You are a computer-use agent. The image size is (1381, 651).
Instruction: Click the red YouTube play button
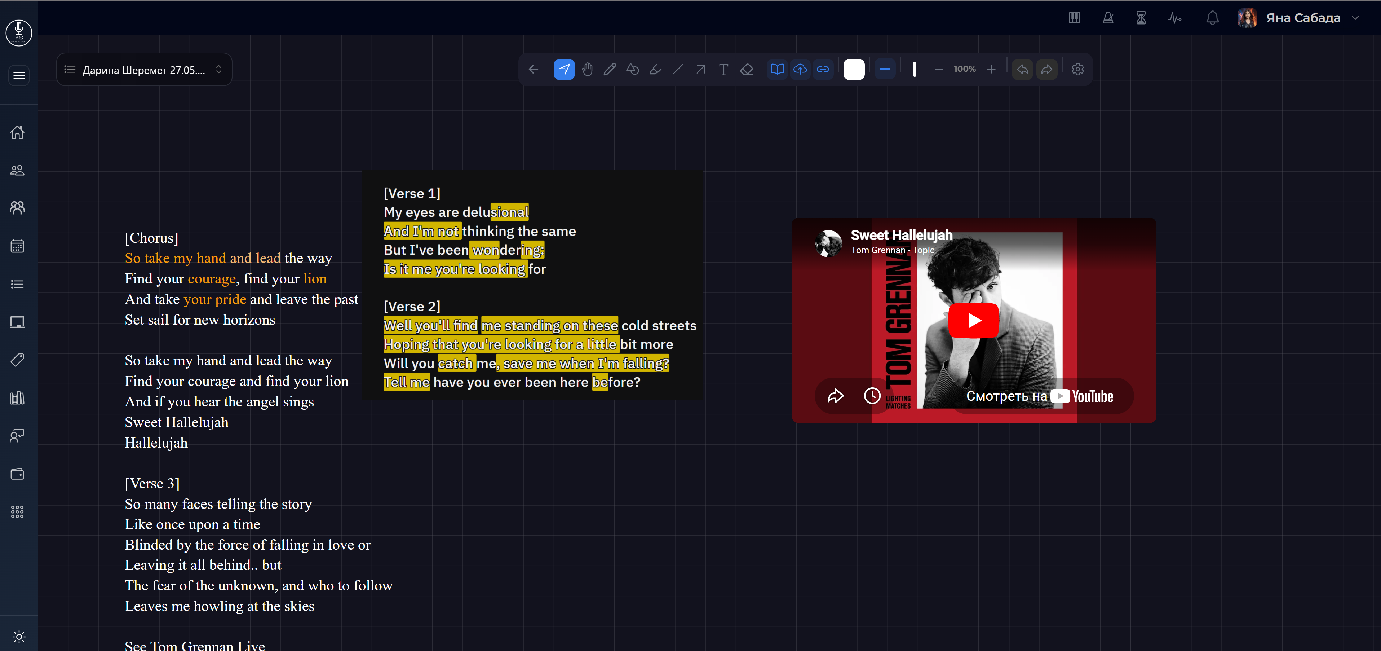click(x=974, y=320)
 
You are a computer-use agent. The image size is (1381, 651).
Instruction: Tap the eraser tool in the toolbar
click(x=746, y=69)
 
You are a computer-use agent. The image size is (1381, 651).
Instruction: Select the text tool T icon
click(x=723, y=69)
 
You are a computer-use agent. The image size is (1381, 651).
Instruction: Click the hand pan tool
click(x=587, y=69)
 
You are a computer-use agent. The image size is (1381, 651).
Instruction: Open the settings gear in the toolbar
click(x=1077, y=69)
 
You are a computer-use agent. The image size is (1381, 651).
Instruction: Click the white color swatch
click(x=854, y=69)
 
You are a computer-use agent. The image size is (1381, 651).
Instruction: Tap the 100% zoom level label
click(x=964, y=69)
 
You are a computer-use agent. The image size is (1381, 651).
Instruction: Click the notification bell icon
click(x=1212, y=18)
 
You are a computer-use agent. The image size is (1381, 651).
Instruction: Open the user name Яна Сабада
click(x=1303, y=18)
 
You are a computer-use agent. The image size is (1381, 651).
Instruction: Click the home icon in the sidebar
click(x=18, y=132)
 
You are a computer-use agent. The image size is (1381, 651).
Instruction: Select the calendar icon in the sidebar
click(x=18, y=246)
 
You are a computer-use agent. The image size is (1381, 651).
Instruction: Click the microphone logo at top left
click(x=19, y=33)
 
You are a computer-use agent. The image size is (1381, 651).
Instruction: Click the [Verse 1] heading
click(x=412, y=193)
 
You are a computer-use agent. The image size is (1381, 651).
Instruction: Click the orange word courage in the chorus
click(x=212, y=279)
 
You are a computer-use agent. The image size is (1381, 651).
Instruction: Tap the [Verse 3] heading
click(x=152, y=484)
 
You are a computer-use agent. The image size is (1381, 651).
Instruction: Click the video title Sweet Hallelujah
click(x=901, y=236)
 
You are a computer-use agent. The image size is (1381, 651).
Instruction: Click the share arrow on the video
click(x=835, y=396)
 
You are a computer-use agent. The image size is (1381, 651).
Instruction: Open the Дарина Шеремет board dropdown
click(x=144, y=70)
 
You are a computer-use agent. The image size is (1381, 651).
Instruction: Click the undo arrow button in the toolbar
click(x=1022, y=69)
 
